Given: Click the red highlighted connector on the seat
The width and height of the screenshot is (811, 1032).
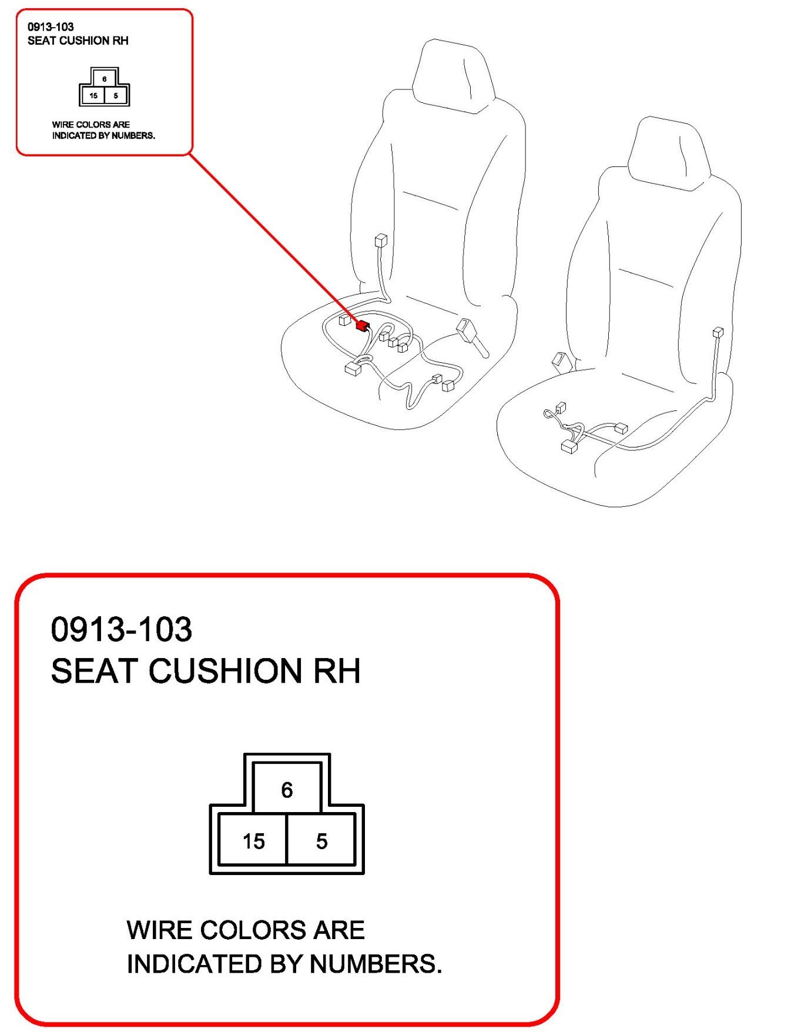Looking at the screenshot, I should [361, 325].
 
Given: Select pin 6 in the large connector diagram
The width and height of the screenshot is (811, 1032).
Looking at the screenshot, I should [287, 789].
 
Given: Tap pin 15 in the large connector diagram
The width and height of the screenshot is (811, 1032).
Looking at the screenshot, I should [253, 841].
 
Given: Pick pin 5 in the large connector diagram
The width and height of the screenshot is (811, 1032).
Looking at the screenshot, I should [321, 841].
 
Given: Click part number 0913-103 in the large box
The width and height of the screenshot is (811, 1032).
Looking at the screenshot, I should [121, 629].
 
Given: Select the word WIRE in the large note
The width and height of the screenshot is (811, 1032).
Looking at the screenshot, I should [158, 930].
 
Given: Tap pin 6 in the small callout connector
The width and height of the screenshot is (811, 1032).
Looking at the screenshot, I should [105, 79].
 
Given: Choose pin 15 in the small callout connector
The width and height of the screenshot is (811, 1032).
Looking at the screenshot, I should [93, 95].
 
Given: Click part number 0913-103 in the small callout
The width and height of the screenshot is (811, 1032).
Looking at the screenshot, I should [51, 26].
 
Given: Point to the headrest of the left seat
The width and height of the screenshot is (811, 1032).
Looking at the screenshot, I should [451, 75].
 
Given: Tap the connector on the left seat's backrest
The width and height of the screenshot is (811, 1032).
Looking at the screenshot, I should [381, 241].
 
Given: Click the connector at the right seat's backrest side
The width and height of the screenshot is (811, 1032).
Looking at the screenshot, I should [718, 332].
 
